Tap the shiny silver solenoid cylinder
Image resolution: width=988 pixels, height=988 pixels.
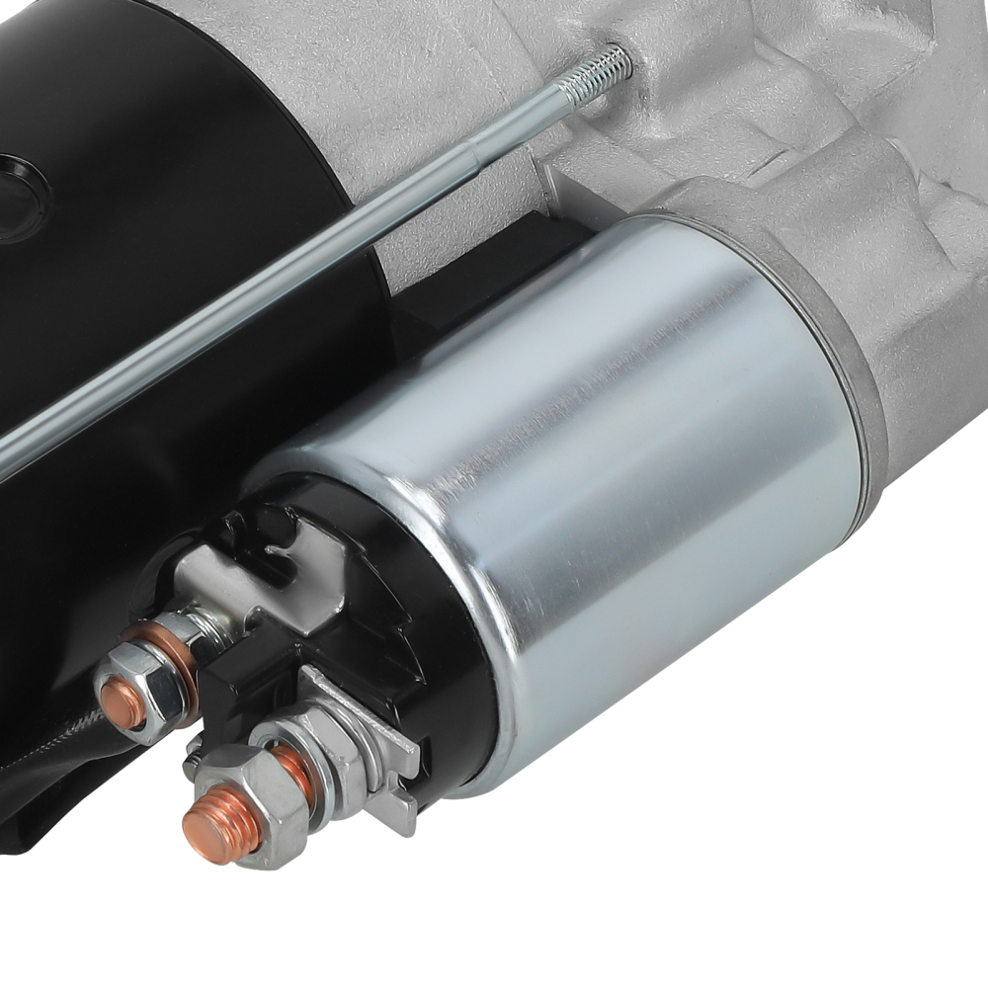(x=632, y=474)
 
